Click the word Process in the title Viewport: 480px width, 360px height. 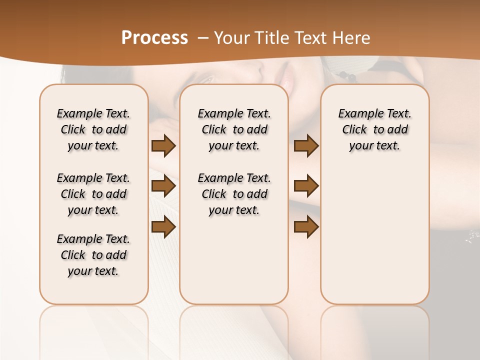(x=154, y=38)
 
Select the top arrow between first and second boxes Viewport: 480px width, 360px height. (x=163, y=145)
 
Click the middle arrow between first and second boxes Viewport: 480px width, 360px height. (x=163, y=186)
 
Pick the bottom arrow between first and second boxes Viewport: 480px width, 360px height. (x=163, y=227)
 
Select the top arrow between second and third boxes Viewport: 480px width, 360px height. (x=306, y=145)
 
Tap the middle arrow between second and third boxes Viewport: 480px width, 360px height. (x=306, y=186)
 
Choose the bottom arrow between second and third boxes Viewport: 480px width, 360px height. (x=306, y=227)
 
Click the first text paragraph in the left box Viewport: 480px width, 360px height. (x=93, y=129)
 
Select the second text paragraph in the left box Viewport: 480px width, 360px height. (x=93, y=194)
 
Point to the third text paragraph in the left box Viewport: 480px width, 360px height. (x=93, y=255)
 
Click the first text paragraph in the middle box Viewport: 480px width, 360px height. (x=234, y=129)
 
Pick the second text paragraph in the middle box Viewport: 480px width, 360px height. (x=234, y=194)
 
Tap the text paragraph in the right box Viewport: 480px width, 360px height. (x=374, y=129)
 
